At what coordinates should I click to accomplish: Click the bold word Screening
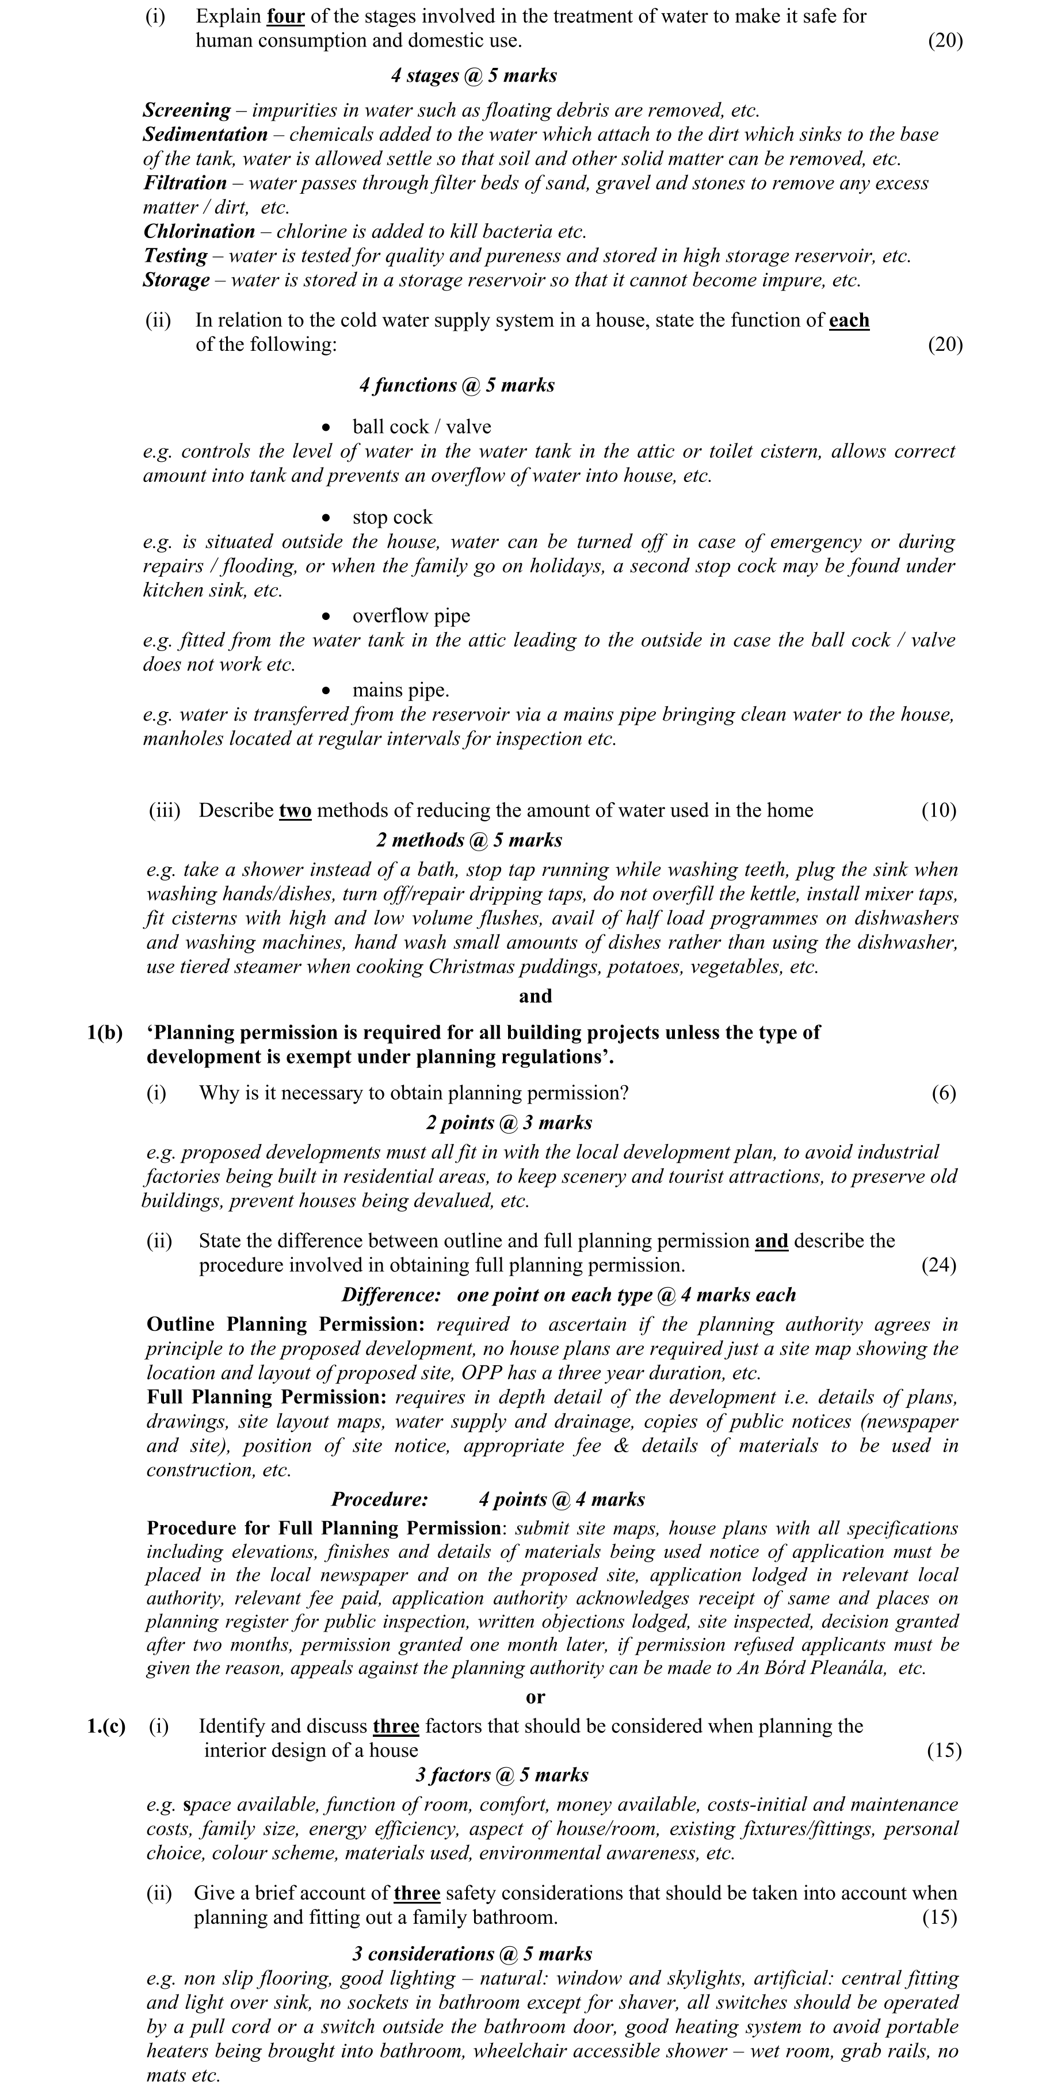[186, 110]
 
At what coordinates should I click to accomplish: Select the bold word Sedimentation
[205, 135]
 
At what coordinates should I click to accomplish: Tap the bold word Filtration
[185, 183]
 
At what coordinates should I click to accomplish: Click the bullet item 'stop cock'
[392, 517]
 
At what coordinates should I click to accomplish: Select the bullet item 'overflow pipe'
[411, 616]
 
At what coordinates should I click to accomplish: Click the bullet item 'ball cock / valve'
[421, 427]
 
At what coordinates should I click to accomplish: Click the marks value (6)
[944, 1093]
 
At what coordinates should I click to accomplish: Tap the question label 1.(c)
[106, 1726]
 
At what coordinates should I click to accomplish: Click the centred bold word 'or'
[535, 1697]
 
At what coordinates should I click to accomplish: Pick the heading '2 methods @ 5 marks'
[469, 840]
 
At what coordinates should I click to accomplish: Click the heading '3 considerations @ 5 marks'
[472, 1954]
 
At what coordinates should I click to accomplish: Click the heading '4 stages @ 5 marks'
[474, 76]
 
